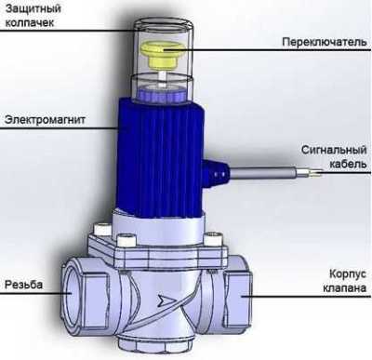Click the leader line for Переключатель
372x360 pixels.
click(242, 43)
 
